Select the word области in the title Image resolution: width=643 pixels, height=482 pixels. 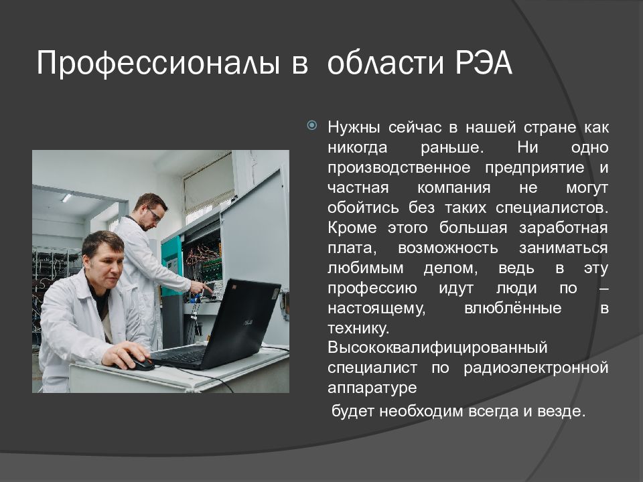click(x=386, y=63)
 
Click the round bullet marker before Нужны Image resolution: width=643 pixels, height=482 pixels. click(x=312, y=125)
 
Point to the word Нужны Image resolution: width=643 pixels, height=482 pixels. click(x=354, y=127)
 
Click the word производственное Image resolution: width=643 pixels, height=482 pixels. click(x=399, y=167)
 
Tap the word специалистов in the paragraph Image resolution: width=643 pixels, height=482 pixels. click(x=552, y=208)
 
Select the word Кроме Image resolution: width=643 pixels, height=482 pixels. click(x=352, y=228)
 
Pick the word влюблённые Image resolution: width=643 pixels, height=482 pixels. click(x=513, y=307)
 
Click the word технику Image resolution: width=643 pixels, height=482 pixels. click(x=358, y=328)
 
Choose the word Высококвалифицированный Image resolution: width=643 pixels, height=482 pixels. click(x=437, y=347)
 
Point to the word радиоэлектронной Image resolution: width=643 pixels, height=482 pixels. click(x=536, y=368)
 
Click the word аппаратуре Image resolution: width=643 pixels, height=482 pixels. click(x=372, y=388)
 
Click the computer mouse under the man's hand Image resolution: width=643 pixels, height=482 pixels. click(x=139, y=362)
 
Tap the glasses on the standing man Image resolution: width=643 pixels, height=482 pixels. click(x=154, y=214)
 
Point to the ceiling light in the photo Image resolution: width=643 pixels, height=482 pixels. click(x=66, y=198)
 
